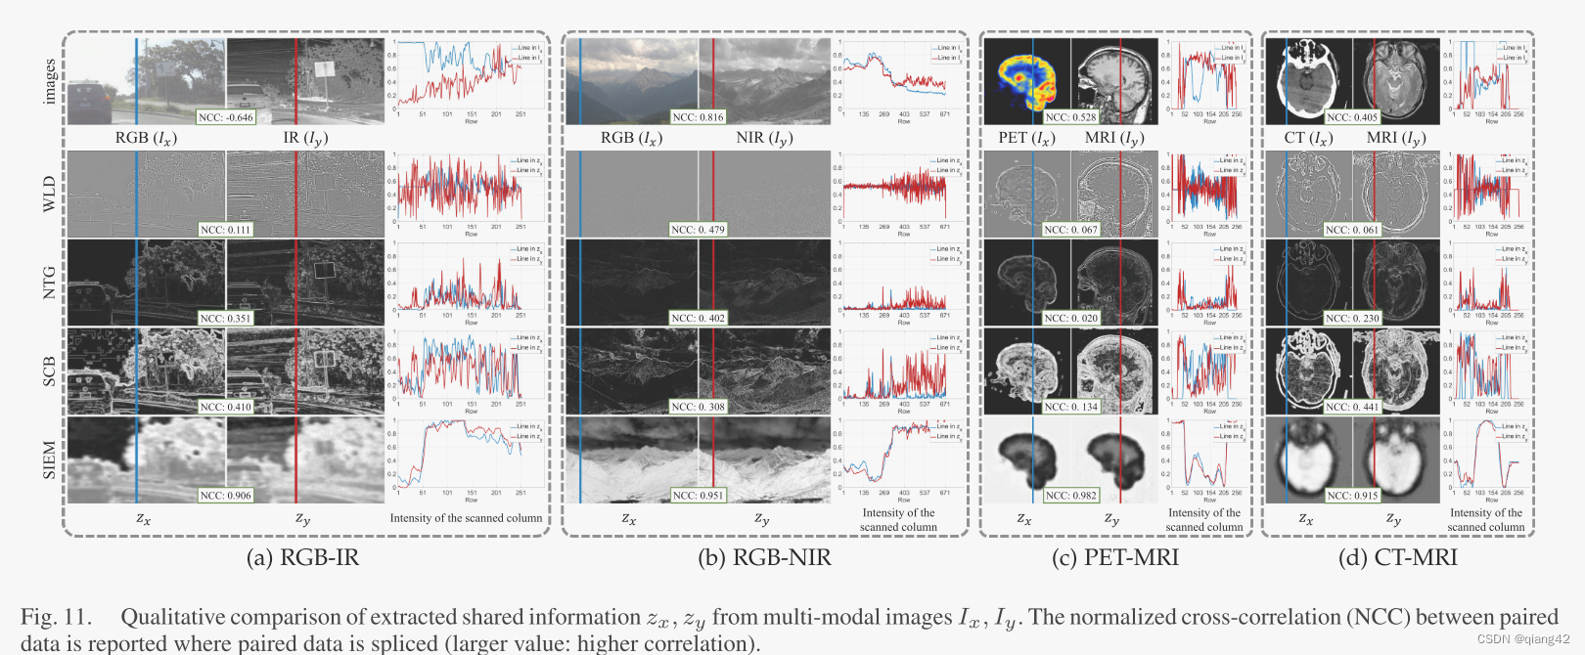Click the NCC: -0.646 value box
(225, 117)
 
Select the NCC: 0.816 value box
(698, 117)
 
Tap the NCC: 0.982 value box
(1070, 496)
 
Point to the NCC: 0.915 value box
(1352, 496)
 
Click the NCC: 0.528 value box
(1070, 117)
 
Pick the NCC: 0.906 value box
(225, 496)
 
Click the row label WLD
(49, 194)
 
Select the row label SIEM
(49, 460)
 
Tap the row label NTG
(49, 283)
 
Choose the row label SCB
(49, 371)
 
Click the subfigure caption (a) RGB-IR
(302, 558)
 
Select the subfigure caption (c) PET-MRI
(1114, 558)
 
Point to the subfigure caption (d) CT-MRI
(1397, 558)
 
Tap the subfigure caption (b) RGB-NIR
(764, 558)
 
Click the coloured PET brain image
(1026, 78)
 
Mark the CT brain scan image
(1308, 78)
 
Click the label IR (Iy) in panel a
(305, 138)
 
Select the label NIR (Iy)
(764, 138)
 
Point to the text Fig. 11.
(56, 617)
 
